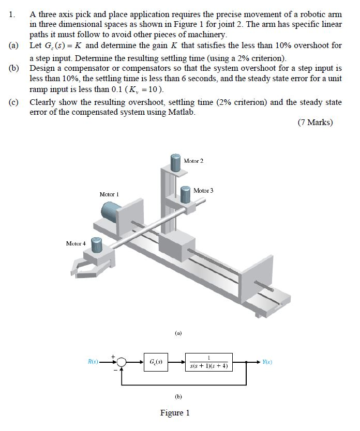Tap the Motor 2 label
coord(193,161)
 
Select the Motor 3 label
coord(203,191)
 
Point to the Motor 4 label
coord(76,243)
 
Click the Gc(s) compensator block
coord(154,362)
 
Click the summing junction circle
coord(122,362)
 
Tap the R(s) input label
coord(93,362)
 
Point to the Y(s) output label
coord(267,362)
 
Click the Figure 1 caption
coord(175,412)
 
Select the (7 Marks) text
coord(315,122)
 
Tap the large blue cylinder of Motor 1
coord(111,212)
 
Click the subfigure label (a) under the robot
coord(178,334)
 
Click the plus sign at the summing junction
coord(116,355)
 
